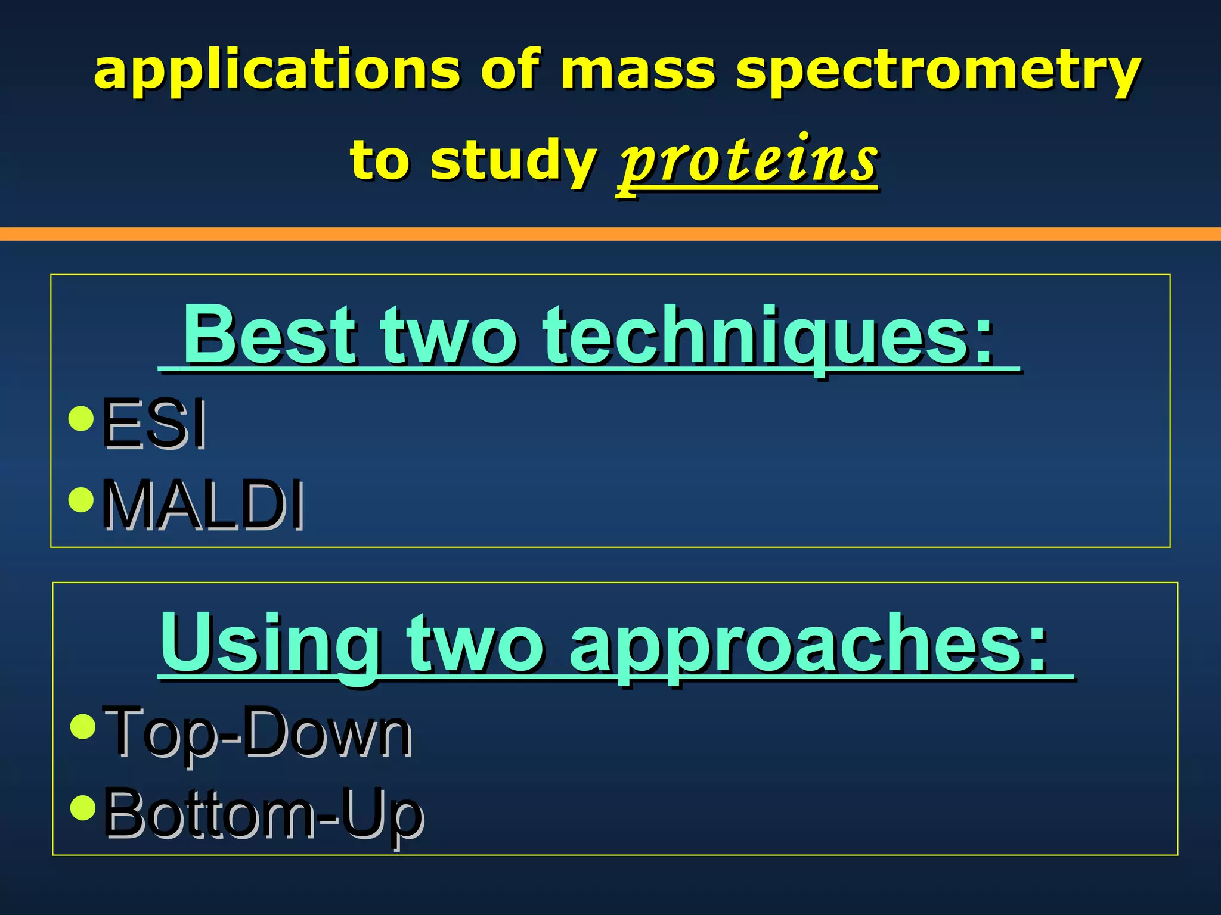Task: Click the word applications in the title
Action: click(x=277, y=71)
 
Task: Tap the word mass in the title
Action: click(x=637, y=71)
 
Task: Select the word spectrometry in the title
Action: click(x=938, y=71)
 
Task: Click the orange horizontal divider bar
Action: click(x=610, y=234)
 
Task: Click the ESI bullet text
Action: click(x=154, y=422)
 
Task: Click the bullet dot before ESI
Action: click(x=81, y=418)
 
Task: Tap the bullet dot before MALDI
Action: click(x=81, y=500)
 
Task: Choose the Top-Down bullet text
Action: click(x=256, y=731)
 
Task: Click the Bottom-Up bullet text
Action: click(x=264, y=813)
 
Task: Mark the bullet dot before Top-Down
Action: click(x=82, y=726)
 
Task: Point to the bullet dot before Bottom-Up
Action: click(x=82, y=808)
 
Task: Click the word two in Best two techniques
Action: click(x=449, y=336)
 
